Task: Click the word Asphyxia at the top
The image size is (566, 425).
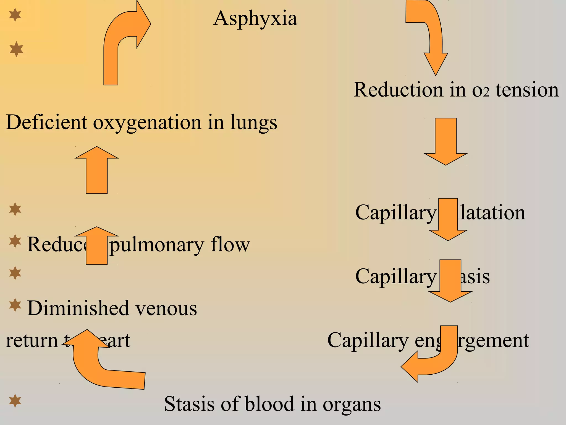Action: pos(255,19)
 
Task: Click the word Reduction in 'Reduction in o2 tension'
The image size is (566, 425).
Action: pos(398,90)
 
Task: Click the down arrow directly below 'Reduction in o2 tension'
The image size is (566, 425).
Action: pos(446,141)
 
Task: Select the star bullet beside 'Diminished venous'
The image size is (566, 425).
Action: pos(15,305)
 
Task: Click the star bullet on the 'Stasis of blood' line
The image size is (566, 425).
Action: pos(15,401)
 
